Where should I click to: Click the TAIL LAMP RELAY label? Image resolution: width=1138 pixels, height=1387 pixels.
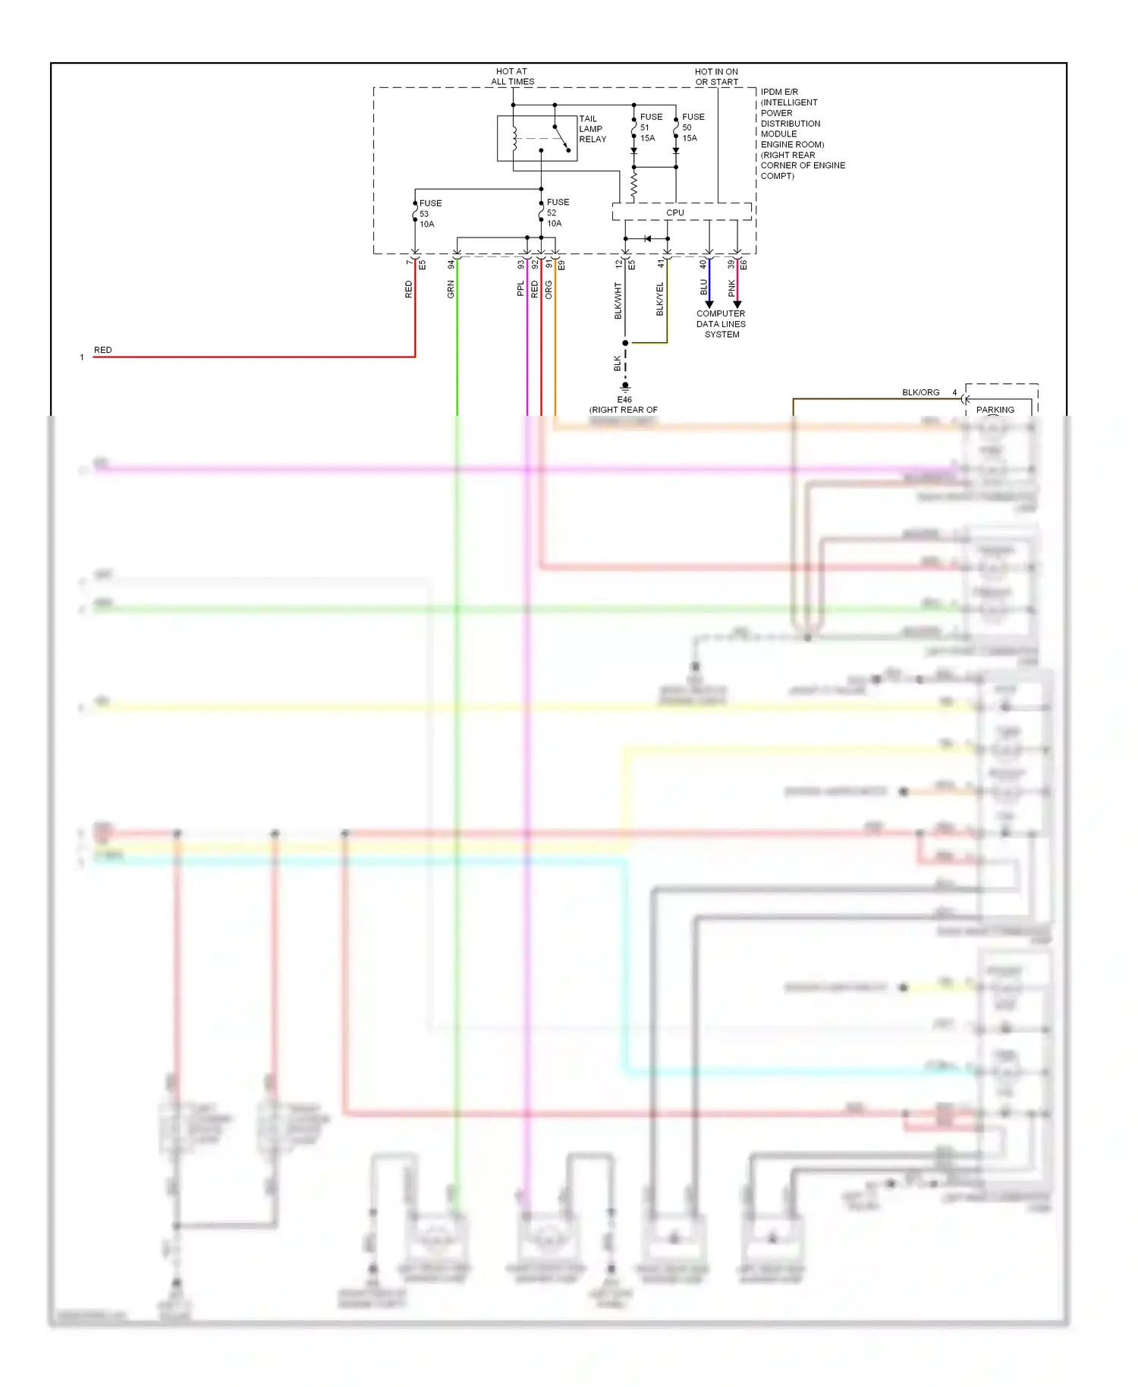point(592,129)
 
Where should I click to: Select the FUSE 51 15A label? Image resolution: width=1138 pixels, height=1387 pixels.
point(650,127)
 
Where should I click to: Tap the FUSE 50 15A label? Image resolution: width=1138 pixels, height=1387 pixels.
point(692,127)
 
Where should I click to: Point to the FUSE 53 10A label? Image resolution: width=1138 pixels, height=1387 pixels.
point(429,214)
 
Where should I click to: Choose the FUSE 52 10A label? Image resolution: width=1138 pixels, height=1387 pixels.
point(557,213)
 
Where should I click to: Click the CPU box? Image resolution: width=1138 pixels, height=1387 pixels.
point(674,212)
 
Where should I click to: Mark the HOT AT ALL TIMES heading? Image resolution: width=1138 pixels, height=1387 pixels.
point(512,77)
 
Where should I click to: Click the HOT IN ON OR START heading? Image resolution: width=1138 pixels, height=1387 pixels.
point(716,77)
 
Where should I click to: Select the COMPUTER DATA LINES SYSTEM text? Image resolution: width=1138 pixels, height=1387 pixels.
point(721,324)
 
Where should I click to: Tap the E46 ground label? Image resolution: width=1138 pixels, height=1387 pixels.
point(624,400)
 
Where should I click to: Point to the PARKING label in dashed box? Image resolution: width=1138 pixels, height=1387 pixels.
point(995,410)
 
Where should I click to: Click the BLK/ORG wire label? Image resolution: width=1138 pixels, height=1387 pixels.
point(920,392)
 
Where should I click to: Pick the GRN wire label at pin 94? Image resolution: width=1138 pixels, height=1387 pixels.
point(451,289)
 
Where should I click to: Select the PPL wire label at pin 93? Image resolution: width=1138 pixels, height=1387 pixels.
point(520,289)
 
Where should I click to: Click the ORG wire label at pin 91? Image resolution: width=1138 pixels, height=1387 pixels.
point(549,289)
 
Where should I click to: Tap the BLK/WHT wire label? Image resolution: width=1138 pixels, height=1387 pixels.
point(618,300)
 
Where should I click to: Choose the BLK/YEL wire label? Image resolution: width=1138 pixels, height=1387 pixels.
point(659,299)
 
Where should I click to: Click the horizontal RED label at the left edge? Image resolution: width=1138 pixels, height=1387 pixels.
point(102,350)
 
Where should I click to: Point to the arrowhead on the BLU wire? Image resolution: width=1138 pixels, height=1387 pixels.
point(709,304)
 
